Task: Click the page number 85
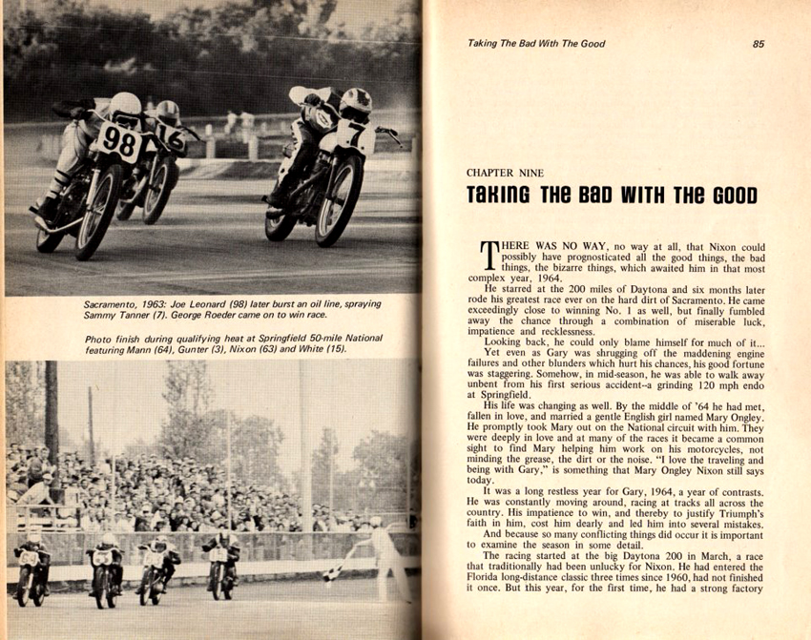759,43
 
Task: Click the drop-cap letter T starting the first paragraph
488,256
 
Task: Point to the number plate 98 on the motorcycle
118,142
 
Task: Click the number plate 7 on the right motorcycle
354,135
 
